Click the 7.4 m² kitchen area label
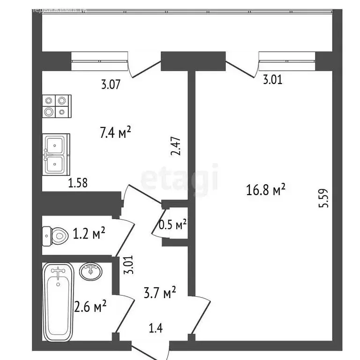[x=115, y=133]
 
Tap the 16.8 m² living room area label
[x=266, y=190]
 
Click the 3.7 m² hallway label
[x=160, y=294]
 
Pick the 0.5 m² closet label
[x=173, y=225]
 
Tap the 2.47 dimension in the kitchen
[x=176, y=146]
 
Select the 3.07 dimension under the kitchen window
[x=111, y=85]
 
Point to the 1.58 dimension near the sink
[x=79, y=182]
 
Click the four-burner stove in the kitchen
[x=56, y=106]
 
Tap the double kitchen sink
[x=56, y=155]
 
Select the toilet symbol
[x=55, y=234]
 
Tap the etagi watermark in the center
[x=180, y=178]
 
